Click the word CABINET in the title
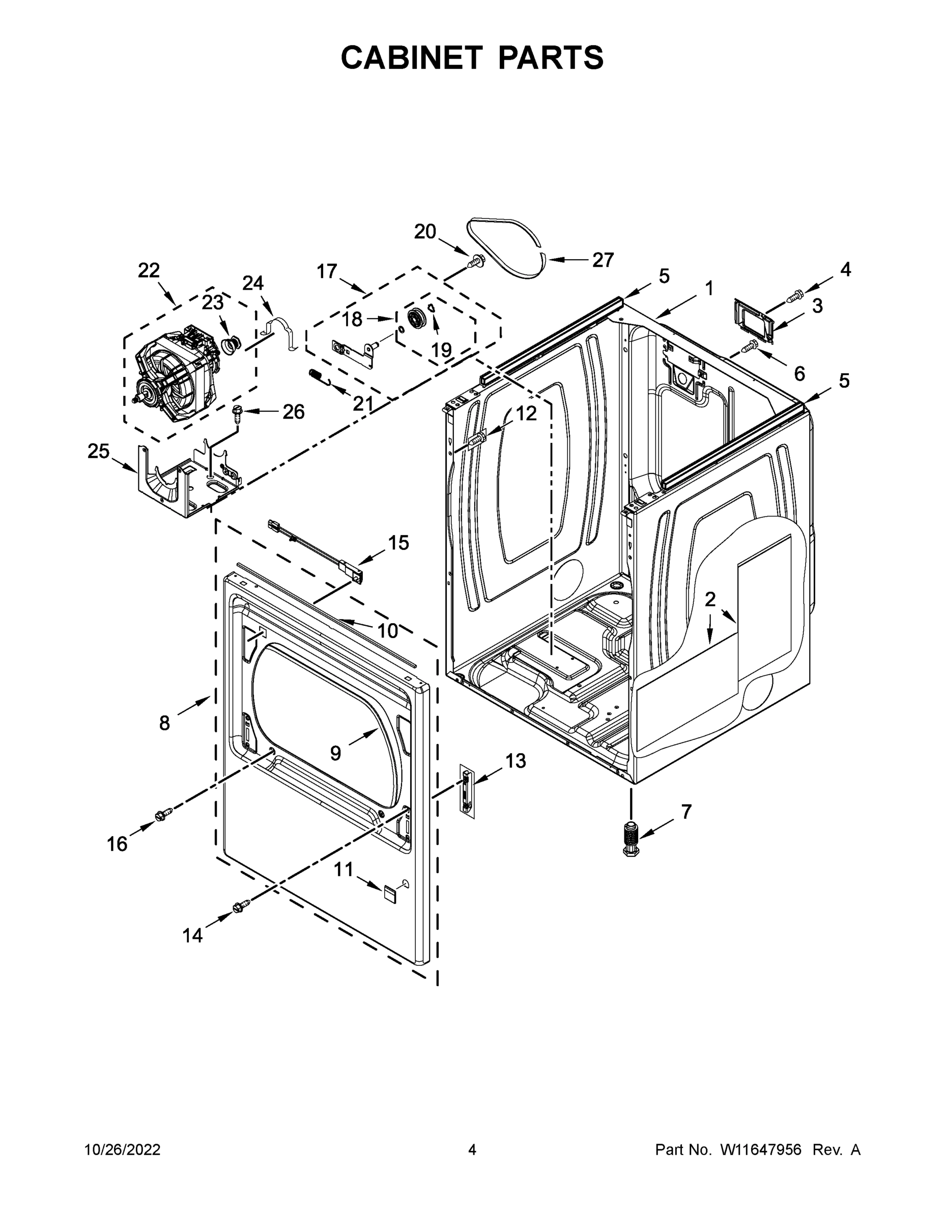point(411,58)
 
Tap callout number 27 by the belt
point(603,260)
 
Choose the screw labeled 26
point(237,414)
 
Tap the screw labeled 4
point(795,294)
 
